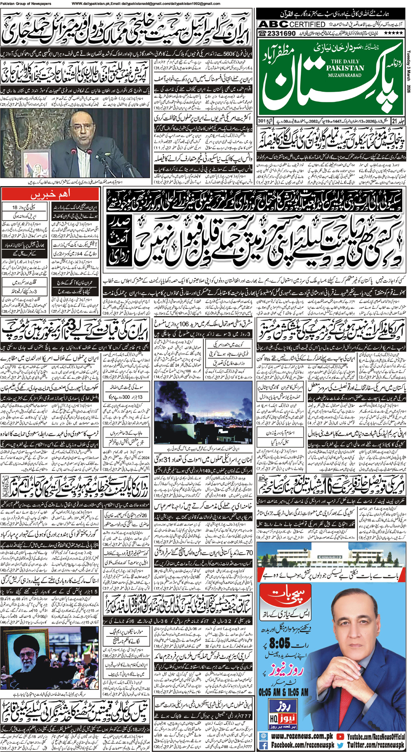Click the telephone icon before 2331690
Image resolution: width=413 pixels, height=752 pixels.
tap(263, 33)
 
